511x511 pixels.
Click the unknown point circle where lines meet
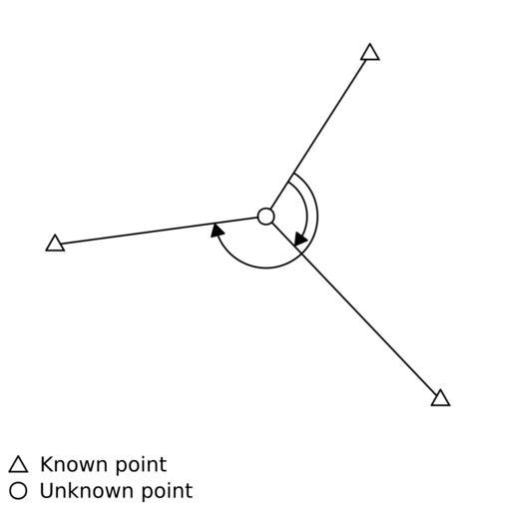(266, 217)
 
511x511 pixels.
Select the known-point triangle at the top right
(370, 53)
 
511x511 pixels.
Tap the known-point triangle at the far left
(55, 244)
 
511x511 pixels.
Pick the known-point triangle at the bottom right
(440, 399)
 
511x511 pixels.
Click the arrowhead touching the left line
(217, 231)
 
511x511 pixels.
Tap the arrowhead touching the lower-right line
(300, 240)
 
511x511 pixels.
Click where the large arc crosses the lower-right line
(301, 253)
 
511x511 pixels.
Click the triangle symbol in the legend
(18, 465)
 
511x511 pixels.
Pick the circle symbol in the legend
(18, 490)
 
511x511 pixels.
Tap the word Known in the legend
(75, 464)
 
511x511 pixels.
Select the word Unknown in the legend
(88, 490)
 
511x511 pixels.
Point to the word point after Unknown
(168, 492)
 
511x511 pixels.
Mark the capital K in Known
(47, 464)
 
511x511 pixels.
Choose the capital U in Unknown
(47, 490)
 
